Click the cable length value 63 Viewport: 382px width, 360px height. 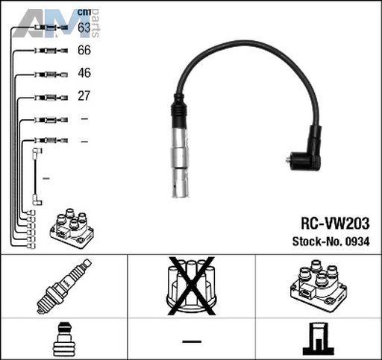pos(84,28)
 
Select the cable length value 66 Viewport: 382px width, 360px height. pos(84,50)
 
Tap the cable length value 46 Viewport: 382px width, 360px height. pos(84,73)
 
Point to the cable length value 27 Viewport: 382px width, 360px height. pos(84,95)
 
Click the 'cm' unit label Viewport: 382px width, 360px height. pos(84,12)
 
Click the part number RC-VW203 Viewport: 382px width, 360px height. pos(335,224)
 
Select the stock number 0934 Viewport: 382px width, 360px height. pos(357,241)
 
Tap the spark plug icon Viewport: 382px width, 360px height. pos(64,285)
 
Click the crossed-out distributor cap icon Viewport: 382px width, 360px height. pos(191,285)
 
